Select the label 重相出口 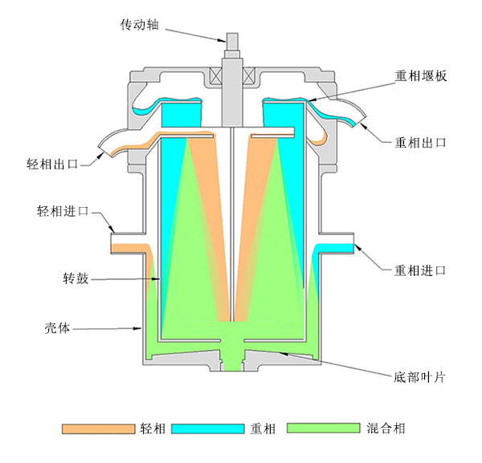point(419,143)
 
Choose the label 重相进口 point(419,270)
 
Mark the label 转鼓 point(75,279)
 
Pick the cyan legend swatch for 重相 point(210,428)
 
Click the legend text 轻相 point(152,428)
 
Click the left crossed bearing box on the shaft point(216,78)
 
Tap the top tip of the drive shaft point(232,35)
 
